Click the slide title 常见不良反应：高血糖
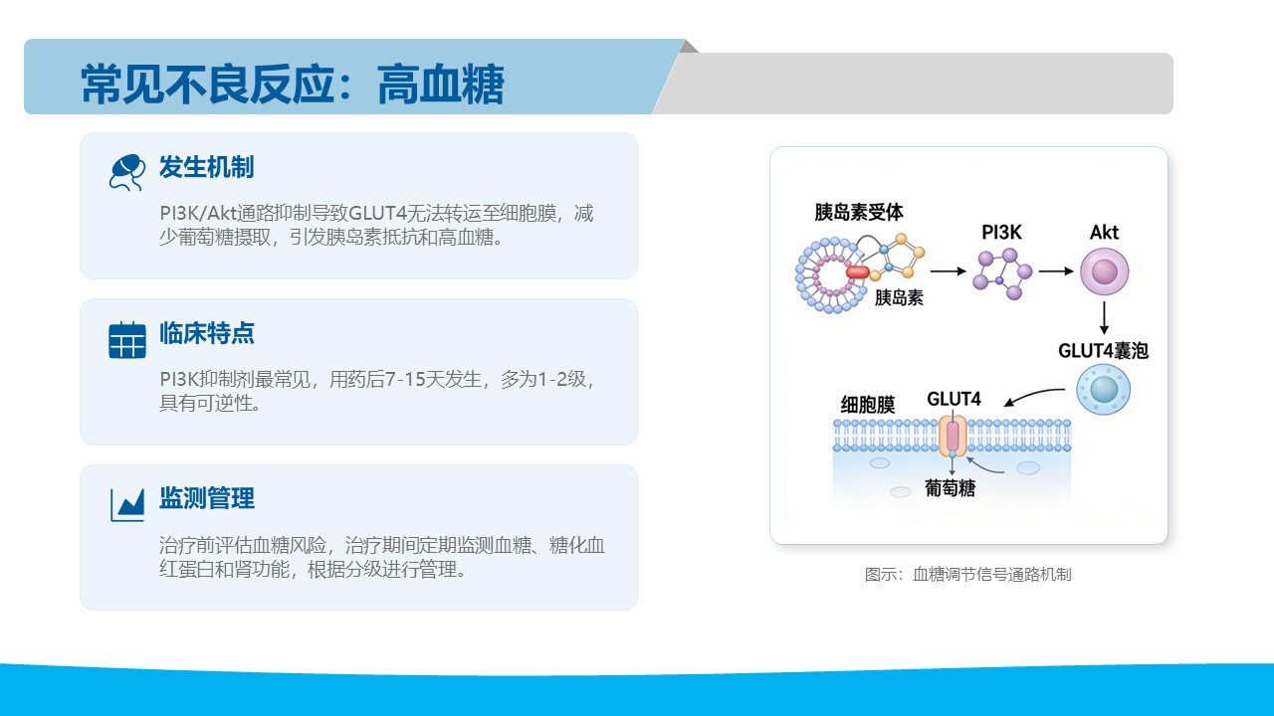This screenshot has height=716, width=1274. [293, 85]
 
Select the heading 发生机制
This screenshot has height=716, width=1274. [206, 167]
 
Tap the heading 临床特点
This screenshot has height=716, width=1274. [206, 333]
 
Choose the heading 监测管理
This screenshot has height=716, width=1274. [206, 498]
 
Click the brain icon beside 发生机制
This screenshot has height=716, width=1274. [126, 172]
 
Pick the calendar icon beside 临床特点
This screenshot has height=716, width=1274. [126, 340]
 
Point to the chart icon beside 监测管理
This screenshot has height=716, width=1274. [126, 504]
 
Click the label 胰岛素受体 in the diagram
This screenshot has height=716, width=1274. [858, 212]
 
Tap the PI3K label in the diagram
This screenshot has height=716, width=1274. [1001, 233]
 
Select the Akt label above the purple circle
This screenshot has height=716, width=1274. [1104, 233]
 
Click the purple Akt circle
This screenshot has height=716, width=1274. [1104, 271]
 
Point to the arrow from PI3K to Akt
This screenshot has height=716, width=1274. [1056, 271]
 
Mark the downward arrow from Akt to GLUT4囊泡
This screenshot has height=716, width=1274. [1104, 317]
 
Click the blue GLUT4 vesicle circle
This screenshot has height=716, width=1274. [1103, 390]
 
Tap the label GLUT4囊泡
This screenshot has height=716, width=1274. [1103, 351]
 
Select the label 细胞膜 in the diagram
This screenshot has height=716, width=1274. [867, 405]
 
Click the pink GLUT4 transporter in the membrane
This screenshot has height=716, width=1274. [953, 437]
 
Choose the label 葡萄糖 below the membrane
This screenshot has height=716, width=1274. [950, 488]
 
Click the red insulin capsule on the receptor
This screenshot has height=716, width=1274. [858, 272]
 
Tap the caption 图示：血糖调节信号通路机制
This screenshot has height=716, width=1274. [968, 575]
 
